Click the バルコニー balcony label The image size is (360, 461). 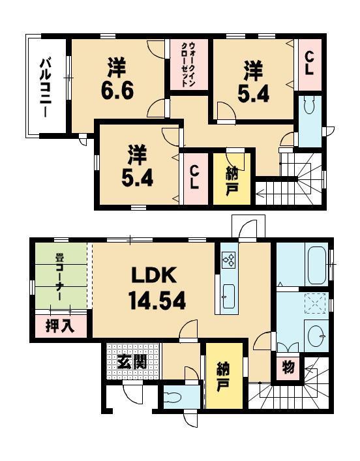coord(46,87)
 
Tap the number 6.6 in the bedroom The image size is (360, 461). coord(117,89)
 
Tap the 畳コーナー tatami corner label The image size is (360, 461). coord(59,282)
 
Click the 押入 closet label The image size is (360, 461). coord(59,325)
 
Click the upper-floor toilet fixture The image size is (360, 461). coord(310,107)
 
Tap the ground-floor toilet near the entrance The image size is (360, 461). coord(173,398)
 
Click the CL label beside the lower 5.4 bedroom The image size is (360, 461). coord(194,177)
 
